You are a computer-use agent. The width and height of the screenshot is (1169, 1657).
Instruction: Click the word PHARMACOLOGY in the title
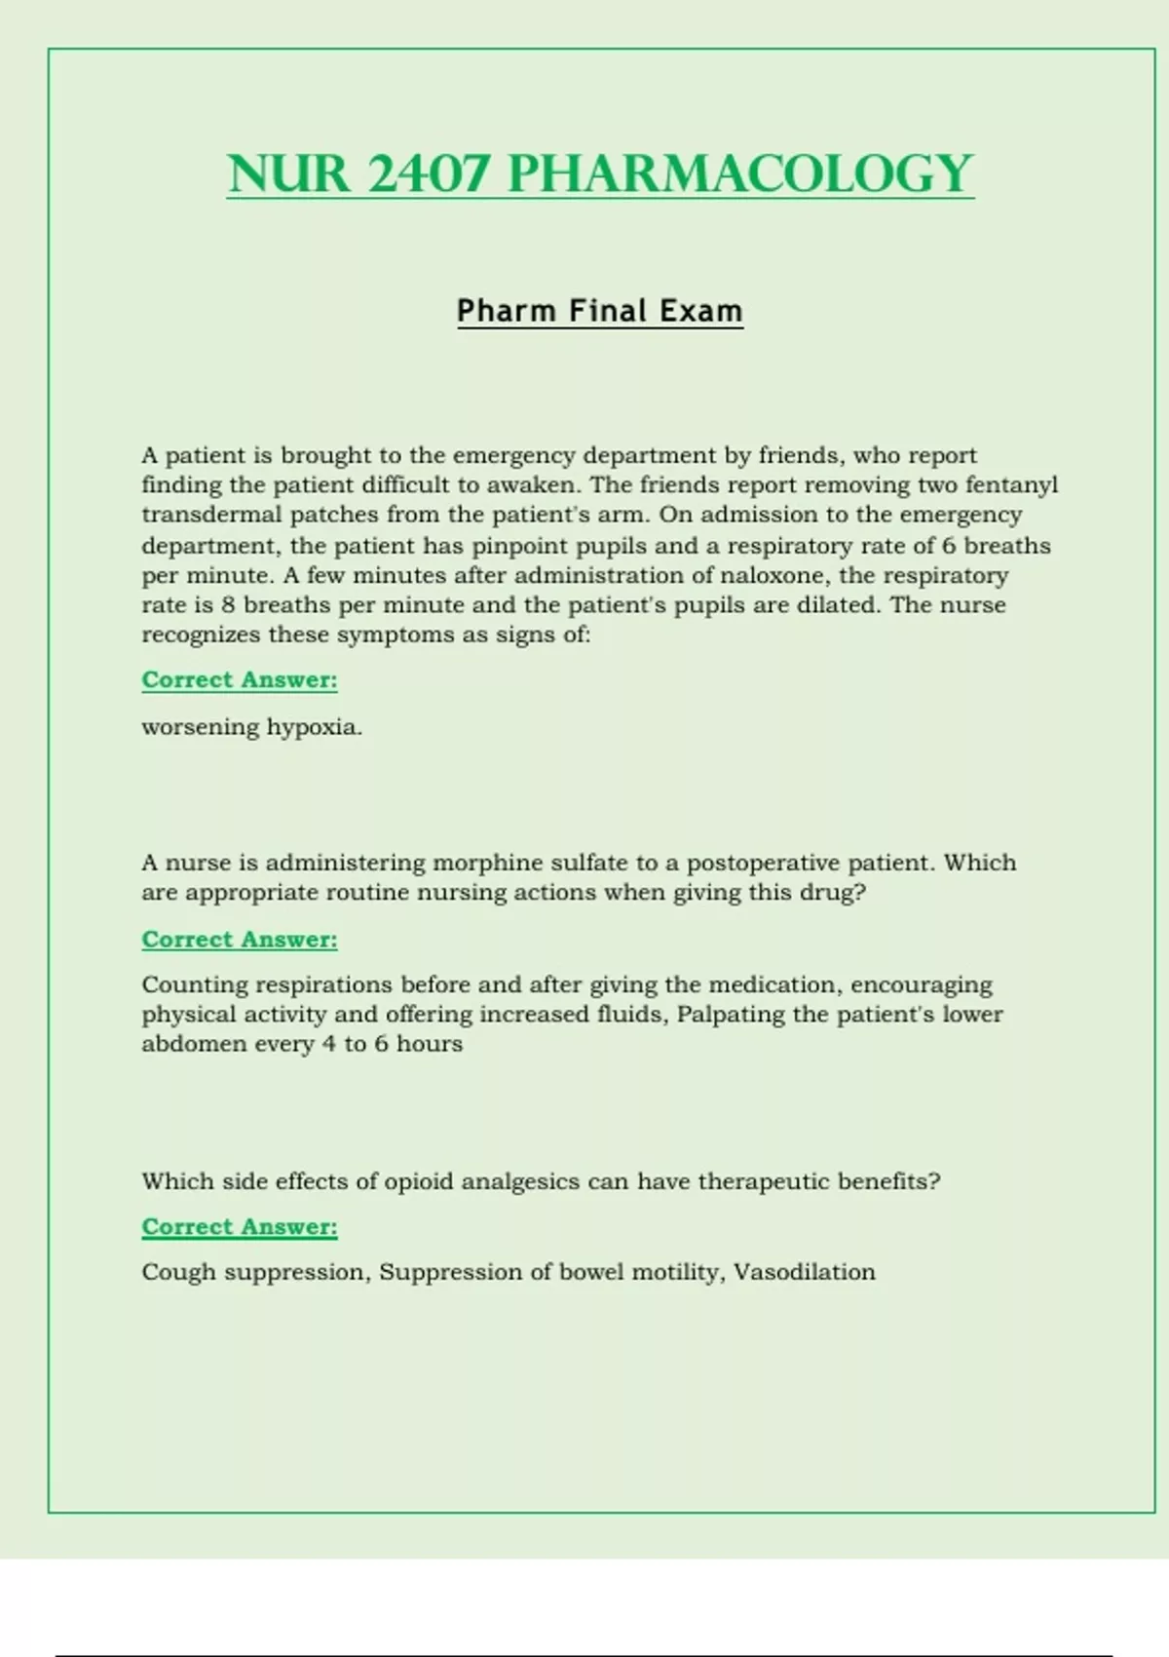(x=740, y=174)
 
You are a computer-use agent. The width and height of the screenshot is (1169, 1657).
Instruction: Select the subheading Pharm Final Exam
(x=600, y=311)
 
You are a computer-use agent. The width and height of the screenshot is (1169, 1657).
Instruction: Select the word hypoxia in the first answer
(x=315, y=727)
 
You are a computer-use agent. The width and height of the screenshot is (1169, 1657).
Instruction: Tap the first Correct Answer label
(x=240, y=679)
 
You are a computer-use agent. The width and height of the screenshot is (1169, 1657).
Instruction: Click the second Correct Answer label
(x=240, y=940)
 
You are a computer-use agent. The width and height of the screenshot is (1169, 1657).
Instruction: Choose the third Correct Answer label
(x=240, y=1227)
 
